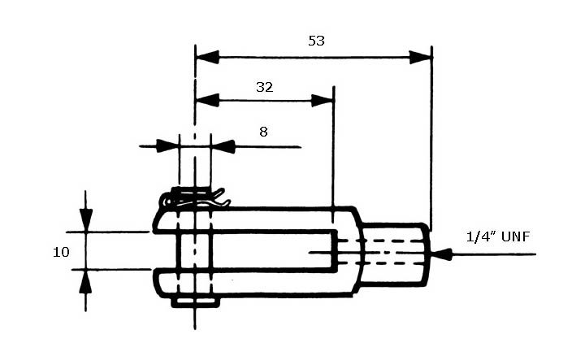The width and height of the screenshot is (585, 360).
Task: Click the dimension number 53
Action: [x=316, y=41]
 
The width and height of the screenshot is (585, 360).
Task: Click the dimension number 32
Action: [x=265, y=87]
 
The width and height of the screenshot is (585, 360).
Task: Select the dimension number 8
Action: [x=263, y=132]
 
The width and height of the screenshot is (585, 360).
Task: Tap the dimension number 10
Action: [x=61, y=252]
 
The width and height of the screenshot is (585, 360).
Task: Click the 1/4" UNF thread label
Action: [x=498, y=236]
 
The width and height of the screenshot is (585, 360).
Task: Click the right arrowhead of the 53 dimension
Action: [x=421, y=58]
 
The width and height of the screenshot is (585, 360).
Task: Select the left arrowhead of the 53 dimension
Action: [x=207, y=57]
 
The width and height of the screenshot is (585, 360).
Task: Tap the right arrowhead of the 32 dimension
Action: [x=323, y=100]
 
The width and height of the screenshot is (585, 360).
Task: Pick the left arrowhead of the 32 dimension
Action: [x=207, y=100]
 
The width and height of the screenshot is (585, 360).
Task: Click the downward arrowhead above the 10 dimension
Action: [x=86, y=220]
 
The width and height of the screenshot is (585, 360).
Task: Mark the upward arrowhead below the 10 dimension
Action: [x=86, y=280]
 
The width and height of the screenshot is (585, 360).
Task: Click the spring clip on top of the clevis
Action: [x=195, y=198]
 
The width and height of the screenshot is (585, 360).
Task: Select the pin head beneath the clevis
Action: [x=195, y=302]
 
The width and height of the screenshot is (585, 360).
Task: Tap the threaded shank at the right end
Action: [x=395, y=254]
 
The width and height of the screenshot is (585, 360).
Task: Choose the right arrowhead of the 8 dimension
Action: [x=223, y=146]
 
